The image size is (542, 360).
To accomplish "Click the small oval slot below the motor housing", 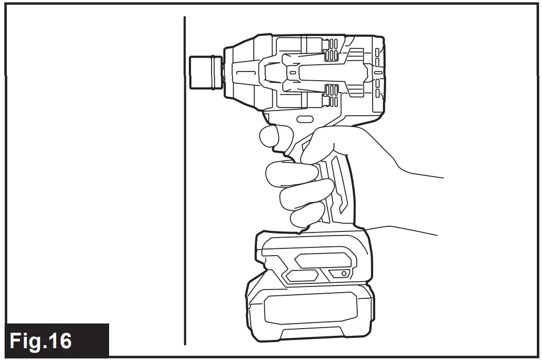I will point(303,119).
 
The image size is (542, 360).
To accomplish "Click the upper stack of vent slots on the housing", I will point(330,50).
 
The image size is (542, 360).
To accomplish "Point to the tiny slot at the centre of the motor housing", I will point(293,74).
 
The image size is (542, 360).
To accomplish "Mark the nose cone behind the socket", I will point(238,72).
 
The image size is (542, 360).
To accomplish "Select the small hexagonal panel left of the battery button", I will point(302,276).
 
